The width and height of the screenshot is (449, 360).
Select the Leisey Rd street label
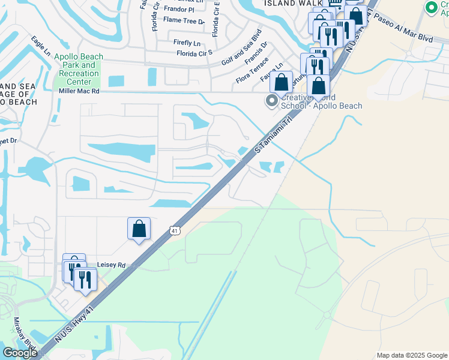click(x=113, y=265)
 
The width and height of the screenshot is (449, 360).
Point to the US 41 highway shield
click(x=174, y=230)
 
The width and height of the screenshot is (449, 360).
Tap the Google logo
click(x=20, y=353)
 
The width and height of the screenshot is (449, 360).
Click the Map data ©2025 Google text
click(x=411, y=355)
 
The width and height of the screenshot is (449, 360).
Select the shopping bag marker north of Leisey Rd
click(x=139, y=229)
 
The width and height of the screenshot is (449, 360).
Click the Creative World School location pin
click(x=272, y=101)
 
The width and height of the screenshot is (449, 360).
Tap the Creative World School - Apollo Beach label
click(x=323, y=102)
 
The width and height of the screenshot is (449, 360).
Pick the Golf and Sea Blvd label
click(x=242, y=46)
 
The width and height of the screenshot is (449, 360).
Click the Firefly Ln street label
click(x=187, y=43)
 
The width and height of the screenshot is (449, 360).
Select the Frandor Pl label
click(x=179, y=10)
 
